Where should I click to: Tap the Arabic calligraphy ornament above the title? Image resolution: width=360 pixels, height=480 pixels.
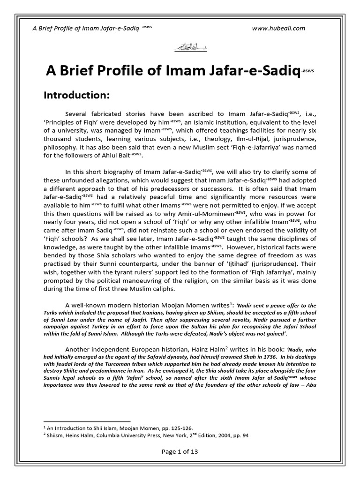(180, 48)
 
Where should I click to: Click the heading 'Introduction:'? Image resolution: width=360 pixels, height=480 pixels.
(76, 95)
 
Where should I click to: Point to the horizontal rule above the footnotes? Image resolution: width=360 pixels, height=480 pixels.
(87, 421)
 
